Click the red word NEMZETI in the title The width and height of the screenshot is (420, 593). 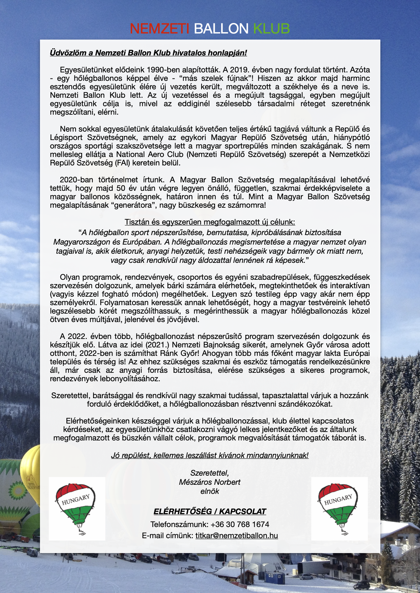(159, 29)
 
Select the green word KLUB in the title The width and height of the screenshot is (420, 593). (271, 29)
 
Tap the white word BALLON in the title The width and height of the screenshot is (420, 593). (221, 29)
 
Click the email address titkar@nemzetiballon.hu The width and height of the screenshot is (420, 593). (236, 535)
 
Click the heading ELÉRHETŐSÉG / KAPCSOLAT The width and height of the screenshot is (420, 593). (210, 511)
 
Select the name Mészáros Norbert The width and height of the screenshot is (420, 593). (210, 482)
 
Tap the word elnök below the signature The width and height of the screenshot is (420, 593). (210, 491)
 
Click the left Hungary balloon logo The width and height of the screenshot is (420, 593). (77, 508)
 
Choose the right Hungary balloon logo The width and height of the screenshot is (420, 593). (339, 508)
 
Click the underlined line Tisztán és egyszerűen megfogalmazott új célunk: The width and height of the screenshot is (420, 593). (210, 222)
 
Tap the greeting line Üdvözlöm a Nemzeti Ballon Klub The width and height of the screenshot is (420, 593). (148, 53)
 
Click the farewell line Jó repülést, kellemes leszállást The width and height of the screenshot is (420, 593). (210, 455)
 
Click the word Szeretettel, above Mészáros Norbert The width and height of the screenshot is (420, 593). (210, 473)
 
